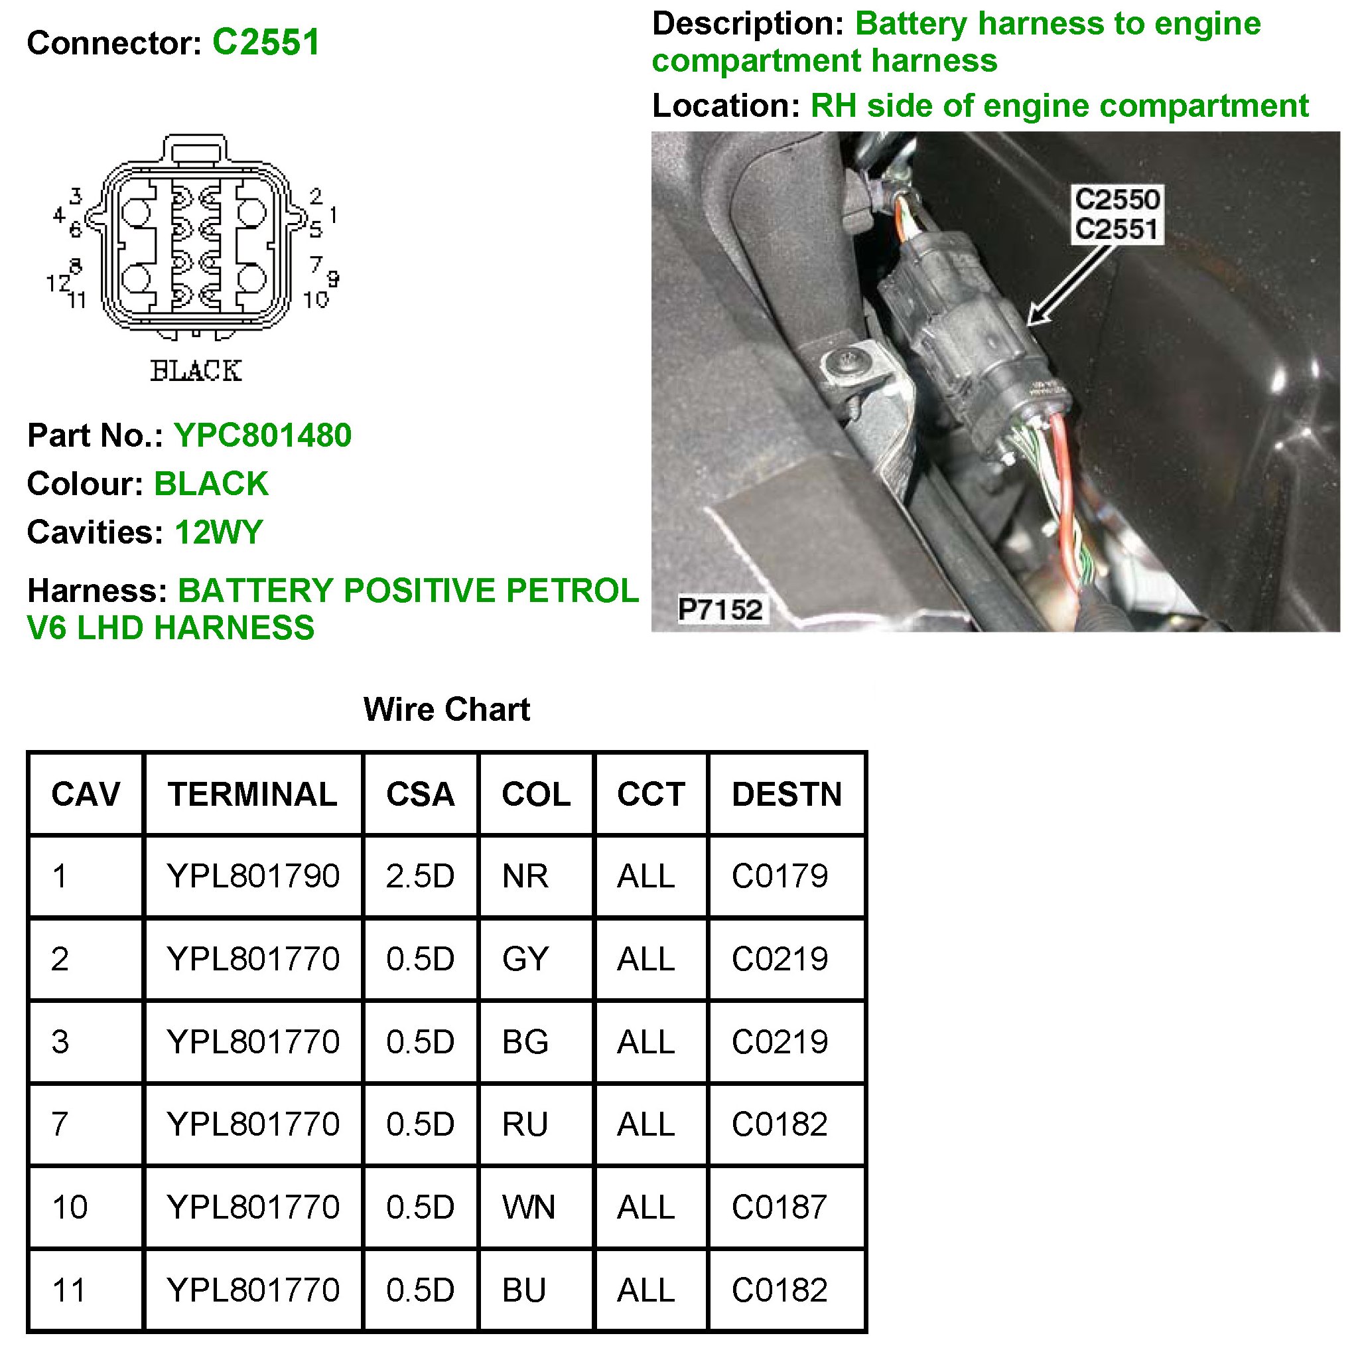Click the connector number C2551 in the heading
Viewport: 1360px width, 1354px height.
(x=266, y=42)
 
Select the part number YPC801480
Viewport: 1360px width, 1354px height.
(x=263, y=436)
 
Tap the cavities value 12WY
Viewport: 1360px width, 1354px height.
(x=218, y=532)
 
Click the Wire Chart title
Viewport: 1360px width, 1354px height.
(x=446, y=710)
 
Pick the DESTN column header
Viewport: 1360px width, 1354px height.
(x=786, y=794)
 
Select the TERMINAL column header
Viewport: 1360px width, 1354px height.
(x=252, y=794)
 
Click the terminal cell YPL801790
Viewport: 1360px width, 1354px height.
(x=253, y=877)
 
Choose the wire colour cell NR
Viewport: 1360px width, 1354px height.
(x=525, y=877)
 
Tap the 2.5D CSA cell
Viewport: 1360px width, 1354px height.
(x=419, y=877)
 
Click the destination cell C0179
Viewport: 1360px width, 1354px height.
(x=780, y=877)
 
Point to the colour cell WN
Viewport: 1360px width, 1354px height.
(x=528, y=1207)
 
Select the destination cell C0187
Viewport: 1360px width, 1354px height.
(x=779, y=1207)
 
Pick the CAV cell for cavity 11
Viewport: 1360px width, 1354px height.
(x=69, y=1290)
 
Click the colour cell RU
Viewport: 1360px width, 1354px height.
(x=525, y=1124)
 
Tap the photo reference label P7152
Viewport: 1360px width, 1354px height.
(x=719, y=609)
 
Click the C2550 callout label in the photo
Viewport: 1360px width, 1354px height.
(x=1117, y=200)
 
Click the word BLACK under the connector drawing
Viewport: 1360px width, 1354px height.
(x=196, y=371)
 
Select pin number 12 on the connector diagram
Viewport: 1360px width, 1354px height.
(x=56, y=284)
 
